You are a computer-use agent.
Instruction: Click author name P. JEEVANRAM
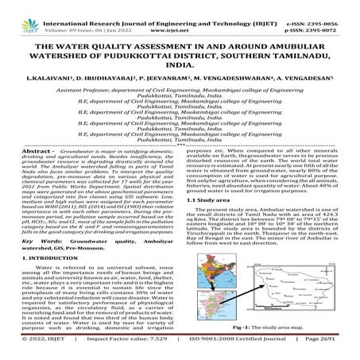149,81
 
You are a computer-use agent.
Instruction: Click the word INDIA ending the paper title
180,67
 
